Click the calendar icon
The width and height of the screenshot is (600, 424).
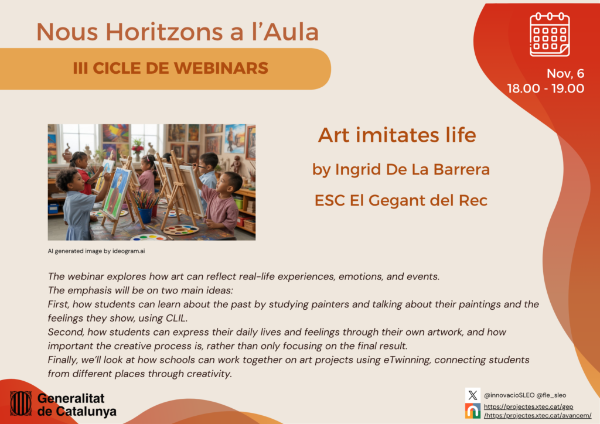pyautogui.click(x=549, y=35)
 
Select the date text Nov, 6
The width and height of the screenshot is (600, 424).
pyautogui.click(x=565, y=74)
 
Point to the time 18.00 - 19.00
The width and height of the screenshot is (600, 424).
pyautogui.click(x=546, y=89)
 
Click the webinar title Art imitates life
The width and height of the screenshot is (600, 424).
pyautogui.click(x=397, y=135)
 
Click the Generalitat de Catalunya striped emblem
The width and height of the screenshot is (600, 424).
pyautogui.click(x=21, y=403)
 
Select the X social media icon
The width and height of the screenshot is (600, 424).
pyautogui.click(x=473, y=395)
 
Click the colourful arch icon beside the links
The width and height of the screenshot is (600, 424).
pyautogui.click(x=473, y=411)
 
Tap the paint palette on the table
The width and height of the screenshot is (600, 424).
pyautogui.click(x=180, y=230)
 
